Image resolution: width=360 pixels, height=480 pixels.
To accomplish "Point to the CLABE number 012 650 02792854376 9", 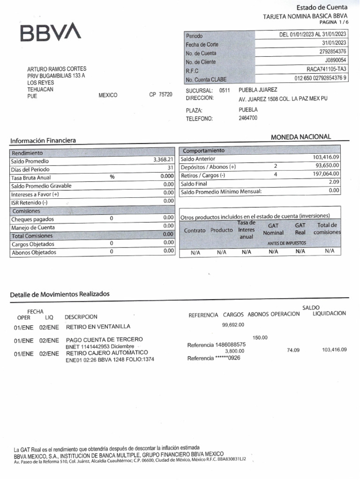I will pos(321,78).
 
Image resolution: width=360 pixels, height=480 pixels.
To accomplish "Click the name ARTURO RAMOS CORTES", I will pos(57,69).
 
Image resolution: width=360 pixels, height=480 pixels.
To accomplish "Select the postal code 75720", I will pos(165,95).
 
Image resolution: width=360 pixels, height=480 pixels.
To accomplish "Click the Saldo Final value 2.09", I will pos(334,182).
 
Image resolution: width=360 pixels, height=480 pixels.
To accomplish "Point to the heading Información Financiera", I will pos(43,141).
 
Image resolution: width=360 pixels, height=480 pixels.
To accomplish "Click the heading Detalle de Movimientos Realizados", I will pos(60,294).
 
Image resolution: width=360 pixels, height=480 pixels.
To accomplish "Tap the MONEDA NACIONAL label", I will pos(300,137).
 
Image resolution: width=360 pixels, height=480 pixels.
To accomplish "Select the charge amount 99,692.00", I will pos(233,325).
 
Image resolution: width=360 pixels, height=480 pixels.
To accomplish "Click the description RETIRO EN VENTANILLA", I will pos(98,327).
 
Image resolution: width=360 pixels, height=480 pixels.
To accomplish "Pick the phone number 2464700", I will pos(248,118).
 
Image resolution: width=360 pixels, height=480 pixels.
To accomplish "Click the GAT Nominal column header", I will pos(273,229).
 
